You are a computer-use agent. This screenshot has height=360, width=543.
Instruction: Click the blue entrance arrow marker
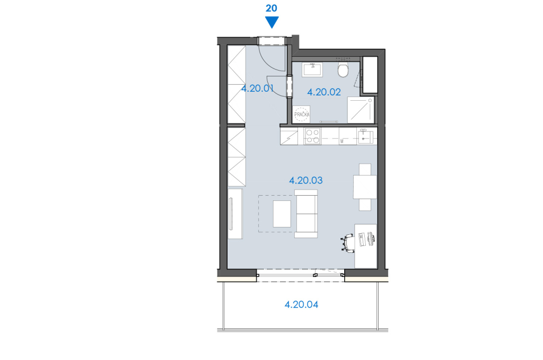click(x=272, y=22)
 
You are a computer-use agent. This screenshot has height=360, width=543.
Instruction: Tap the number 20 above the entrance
click(x=271, y=8)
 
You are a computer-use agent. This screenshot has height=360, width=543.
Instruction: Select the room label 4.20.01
click(x=258, y=88)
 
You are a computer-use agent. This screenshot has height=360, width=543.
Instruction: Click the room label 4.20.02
click(x=324, y=92)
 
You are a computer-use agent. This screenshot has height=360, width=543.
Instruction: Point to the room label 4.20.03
click(x=306, y=180)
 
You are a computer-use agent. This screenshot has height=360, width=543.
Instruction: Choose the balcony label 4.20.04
click(x=301, y=305)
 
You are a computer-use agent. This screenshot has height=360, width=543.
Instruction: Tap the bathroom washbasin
click(x=312, y=69)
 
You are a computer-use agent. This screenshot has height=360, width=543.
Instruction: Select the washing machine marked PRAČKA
click(x=301, y=114)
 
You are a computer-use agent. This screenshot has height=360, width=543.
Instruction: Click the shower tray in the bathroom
click(x=361, y=110)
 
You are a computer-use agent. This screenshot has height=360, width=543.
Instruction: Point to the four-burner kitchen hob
click(x=312, y=136)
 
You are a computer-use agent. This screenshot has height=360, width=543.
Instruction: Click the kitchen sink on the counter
click(x=365, y=136)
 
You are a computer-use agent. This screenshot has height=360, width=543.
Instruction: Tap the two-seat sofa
click(x=306, y=214)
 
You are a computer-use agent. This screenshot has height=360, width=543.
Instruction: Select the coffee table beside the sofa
click(x=282, y=214)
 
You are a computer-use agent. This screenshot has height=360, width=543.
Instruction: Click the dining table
click(x=365, y=187)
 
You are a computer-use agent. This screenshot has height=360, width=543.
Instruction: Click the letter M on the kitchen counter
click(x=342, y=141)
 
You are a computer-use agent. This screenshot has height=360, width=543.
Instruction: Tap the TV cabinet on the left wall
click(x=235, y=214)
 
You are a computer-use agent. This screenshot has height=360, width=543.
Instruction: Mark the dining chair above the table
click(x=365, y=169)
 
